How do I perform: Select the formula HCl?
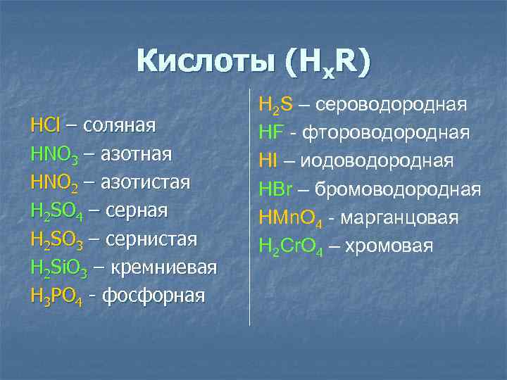pos(45,126)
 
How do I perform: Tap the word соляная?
pos(120,126)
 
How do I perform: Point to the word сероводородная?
pos(390,104)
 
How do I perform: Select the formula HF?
pos(270,132)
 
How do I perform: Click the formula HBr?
pos(275,189)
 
